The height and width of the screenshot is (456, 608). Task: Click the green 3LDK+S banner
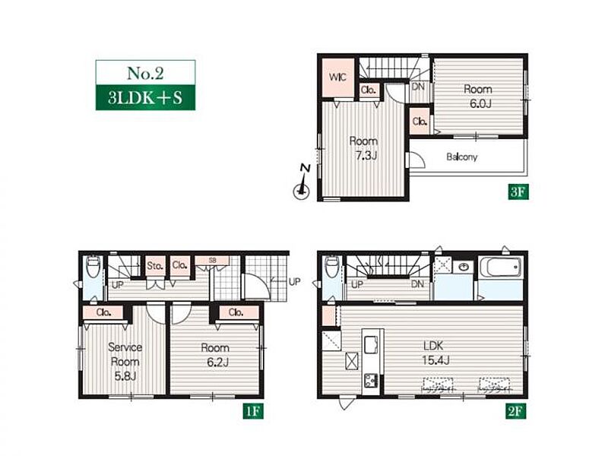145,97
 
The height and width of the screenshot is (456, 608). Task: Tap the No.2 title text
145,73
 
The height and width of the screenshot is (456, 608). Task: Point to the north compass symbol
302,183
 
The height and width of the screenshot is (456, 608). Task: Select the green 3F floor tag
518,192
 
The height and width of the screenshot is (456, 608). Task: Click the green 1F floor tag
253,411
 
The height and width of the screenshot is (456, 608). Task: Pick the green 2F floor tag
516,411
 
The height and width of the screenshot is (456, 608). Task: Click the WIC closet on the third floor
338,78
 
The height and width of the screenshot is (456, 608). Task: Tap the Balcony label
461,157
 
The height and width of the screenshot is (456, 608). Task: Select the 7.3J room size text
366,156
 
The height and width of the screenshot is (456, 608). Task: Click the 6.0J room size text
481,104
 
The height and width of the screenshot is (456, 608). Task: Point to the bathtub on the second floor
500,268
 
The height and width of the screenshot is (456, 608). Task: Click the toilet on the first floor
93,267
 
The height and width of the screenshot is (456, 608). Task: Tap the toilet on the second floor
332,267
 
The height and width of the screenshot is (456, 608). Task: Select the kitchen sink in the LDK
372,344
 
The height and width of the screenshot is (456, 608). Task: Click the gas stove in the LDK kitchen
371,380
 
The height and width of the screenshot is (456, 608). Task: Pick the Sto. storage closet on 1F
155,266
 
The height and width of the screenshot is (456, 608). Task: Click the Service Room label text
125,354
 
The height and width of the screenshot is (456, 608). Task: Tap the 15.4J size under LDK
435,360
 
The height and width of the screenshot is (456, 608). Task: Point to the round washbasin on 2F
464,267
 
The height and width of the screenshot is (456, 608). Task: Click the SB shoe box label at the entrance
212,261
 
